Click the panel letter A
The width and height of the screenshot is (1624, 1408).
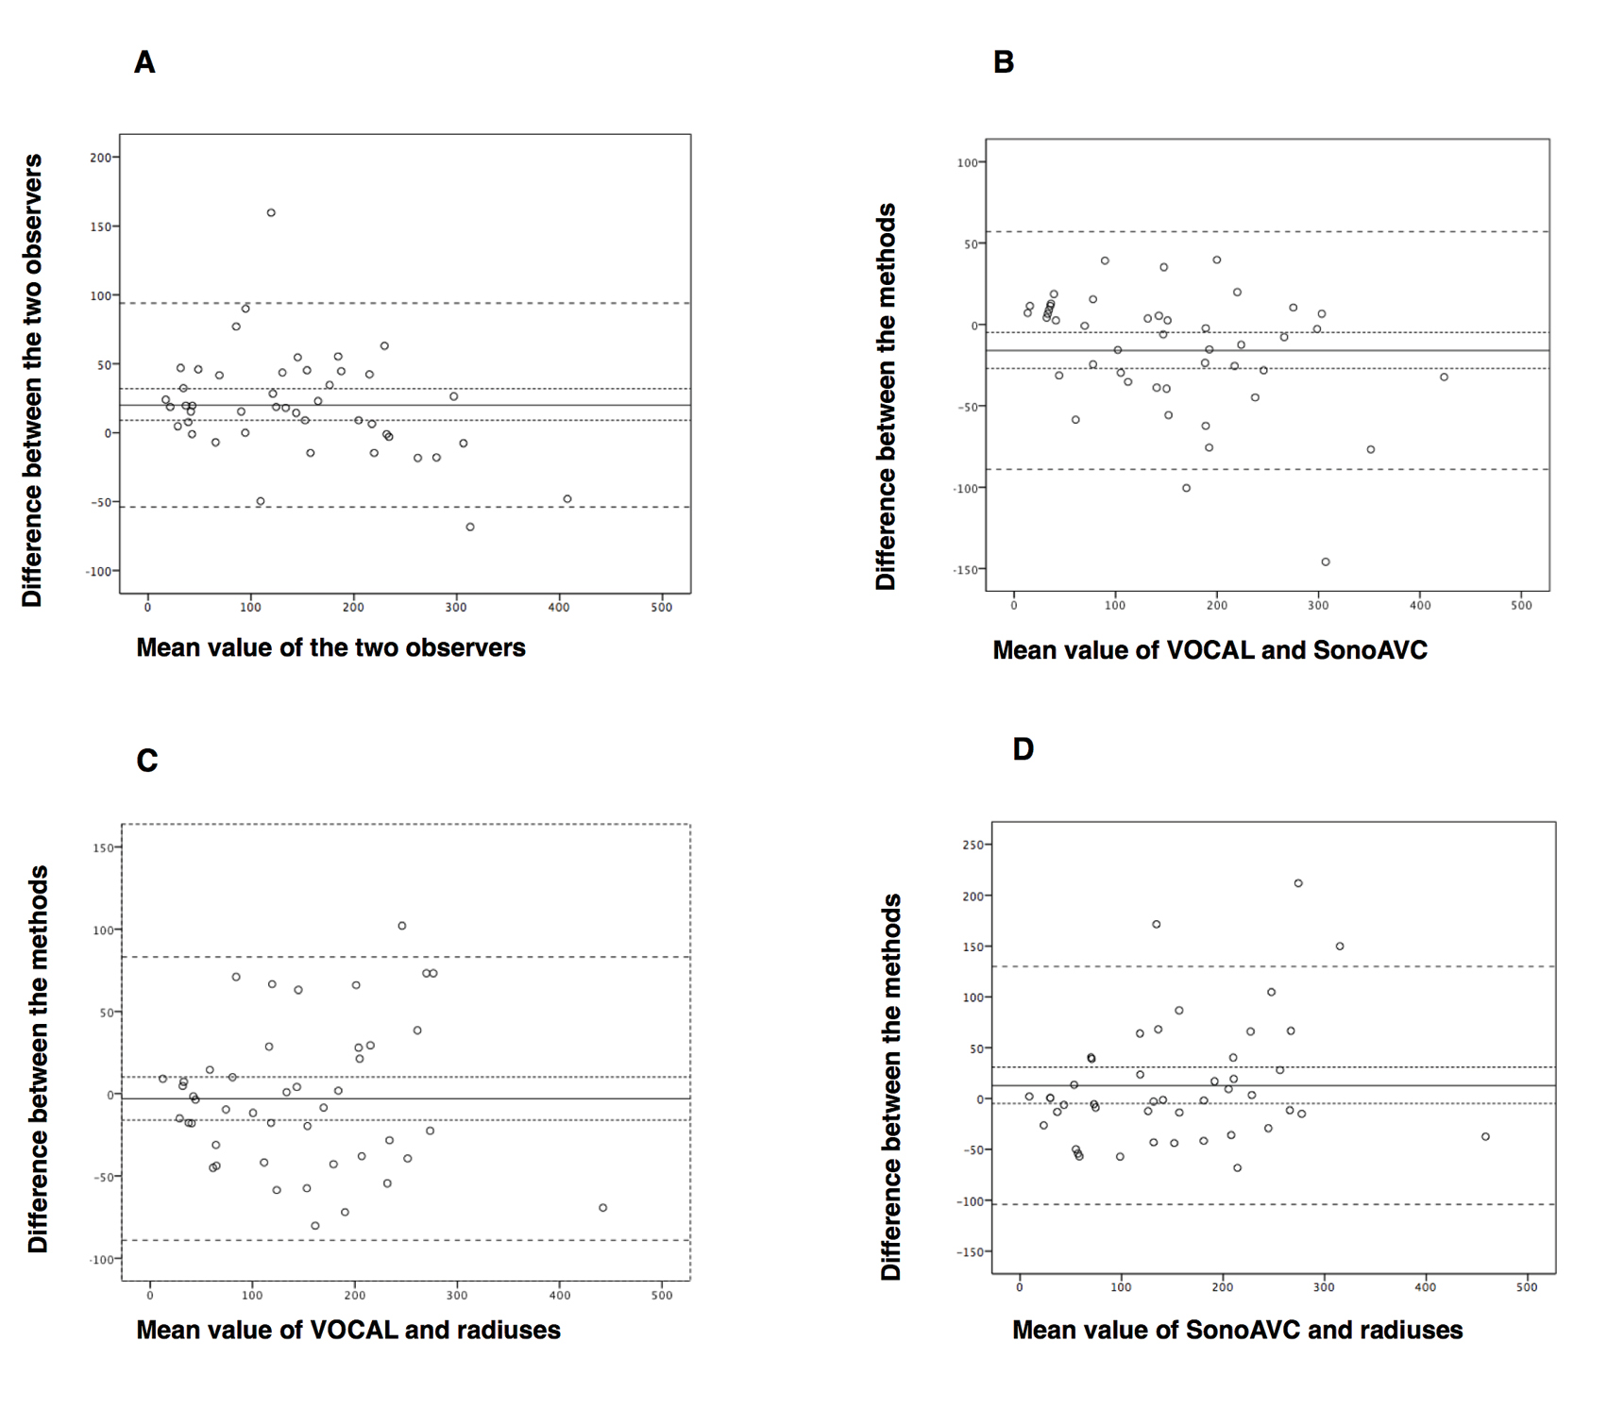coord(144,63)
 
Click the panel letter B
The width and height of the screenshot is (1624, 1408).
coord(1004,62)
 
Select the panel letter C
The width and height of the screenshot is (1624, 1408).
coord(147,761)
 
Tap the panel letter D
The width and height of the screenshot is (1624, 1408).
coord(1023,749)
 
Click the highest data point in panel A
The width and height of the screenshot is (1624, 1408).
coord(271,213)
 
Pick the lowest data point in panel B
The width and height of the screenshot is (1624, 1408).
coord(1326,562)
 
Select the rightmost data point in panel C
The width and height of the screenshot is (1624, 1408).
coord(602,1208)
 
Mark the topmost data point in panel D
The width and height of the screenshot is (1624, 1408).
coord(1298,883)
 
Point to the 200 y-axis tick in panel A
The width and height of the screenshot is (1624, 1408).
coord(100,158)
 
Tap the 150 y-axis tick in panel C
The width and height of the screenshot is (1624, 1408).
coord(103,848)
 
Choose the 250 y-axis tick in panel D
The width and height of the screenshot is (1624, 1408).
coord(972,846)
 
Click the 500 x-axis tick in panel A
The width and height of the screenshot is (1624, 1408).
coord(661,608)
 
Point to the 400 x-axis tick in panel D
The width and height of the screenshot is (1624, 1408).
coord(1425,1287)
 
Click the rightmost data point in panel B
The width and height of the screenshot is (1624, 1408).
coord(1444,377)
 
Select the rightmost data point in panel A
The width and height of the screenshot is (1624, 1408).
coord(567,499)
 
